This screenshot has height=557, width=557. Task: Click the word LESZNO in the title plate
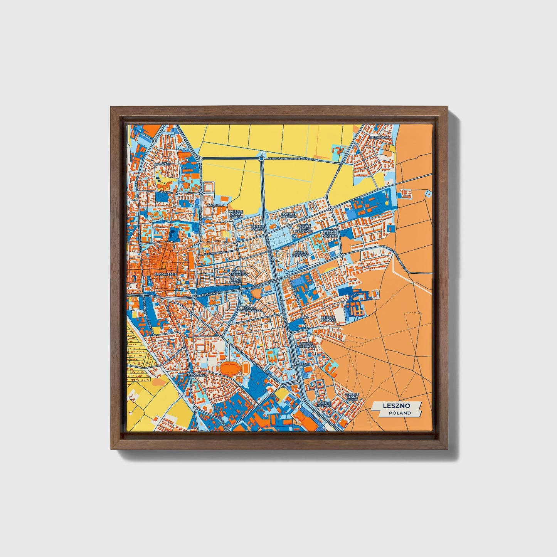tap(396, 406)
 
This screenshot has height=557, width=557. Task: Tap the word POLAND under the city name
tap(400, 413)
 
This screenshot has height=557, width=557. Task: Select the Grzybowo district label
tap(379, 137)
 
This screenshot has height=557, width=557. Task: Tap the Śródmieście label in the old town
tap(165, 274)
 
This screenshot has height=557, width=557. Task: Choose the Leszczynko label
tap(197, 374)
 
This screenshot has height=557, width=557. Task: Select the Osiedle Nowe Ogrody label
tap(236, 214)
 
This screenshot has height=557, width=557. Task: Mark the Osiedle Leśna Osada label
tap(352, 397)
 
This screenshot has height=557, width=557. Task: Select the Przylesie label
tap(301, 363)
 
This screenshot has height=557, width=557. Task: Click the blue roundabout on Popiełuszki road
tap(262, 158)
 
